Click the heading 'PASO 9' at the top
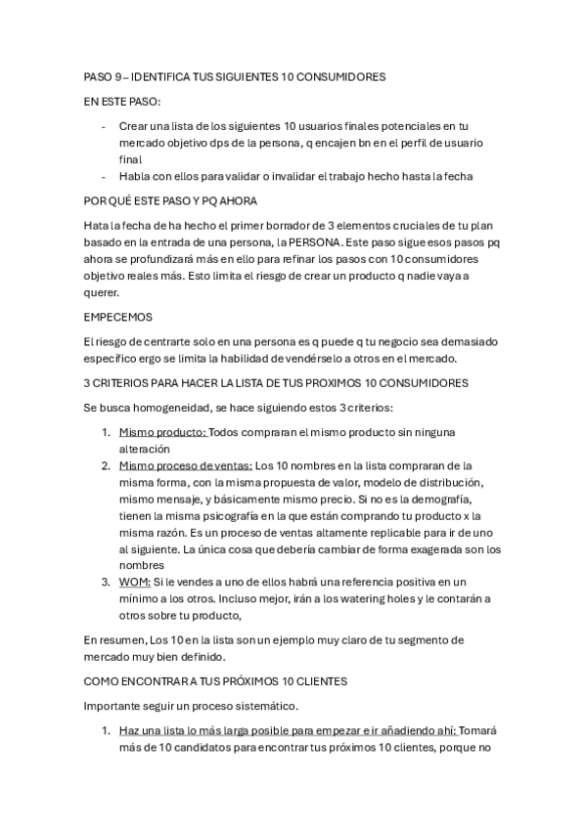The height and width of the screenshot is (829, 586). pyautogui.click(x=102, y=75)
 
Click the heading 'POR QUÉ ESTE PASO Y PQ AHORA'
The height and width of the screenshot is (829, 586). pyautogui.click(x=170, y=201)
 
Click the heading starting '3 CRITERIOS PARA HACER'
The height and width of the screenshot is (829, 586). pyautogui.click(x=275, y=383)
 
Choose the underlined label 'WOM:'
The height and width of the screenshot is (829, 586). pyautogui.click(x=135, y=582)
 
